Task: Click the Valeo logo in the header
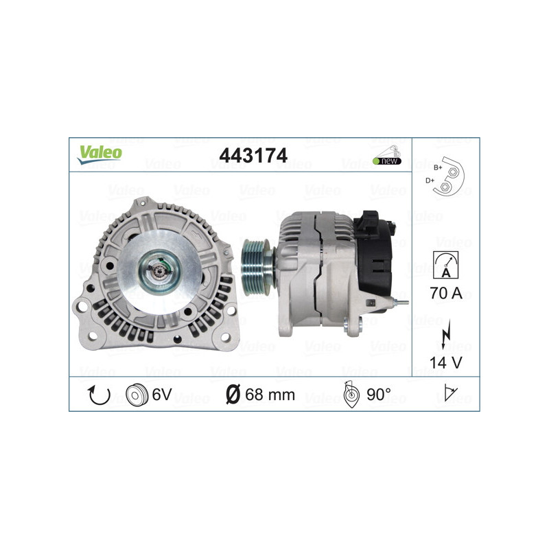pos(100,154)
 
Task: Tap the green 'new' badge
pos(387,161)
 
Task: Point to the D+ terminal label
pos(430,180)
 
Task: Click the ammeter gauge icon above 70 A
pos(445,264)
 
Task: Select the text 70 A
pos(445,294)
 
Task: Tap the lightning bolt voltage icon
pos(445,333)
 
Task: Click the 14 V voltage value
pos(445,361)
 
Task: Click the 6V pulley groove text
pos(161,395)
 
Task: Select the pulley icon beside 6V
pos(137,395)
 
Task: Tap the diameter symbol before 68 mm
pos(233,395)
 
